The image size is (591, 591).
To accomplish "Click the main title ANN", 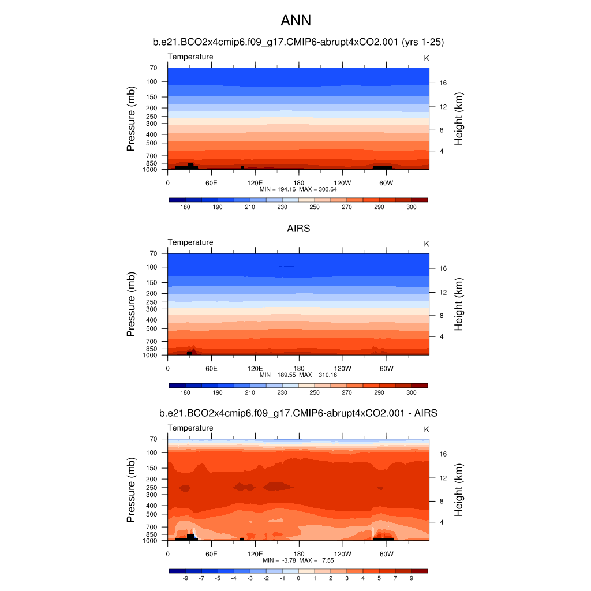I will (x=295, y=21).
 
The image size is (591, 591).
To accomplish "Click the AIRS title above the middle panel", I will (x=298, y=228).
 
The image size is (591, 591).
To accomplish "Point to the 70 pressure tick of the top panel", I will (x=153, y=68).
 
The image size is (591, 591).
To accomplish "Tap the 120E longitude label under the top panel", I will (x=255, y=183).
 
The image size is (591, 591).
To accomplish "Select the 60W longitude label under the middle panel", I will (x=386, y=369).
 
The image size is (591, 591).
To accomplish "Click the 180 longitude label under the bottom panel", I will (x=299, y=555).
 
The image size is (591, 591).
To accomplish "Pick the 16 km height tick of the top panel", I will (x=444, y=83).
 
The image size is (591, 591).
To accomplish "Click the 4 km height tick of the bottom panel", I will (x=441, y=522).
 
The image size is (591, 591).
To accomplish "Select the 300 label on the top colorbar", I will (x=412, y=207).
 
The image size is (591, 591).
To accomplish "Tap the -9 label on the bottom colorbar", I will (x=185, y=578).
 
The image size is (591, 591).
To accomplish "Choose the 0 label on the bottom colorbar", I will (x=298, y=578).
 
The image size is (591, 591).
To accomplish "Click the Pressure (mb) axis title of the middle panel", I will (x=131, y=304).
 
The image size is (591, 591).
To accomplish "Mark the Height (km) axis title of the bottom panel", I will (x=459, y=490).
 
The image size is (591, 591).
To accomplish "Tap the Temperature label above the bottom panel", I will (x=190, y=428).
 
